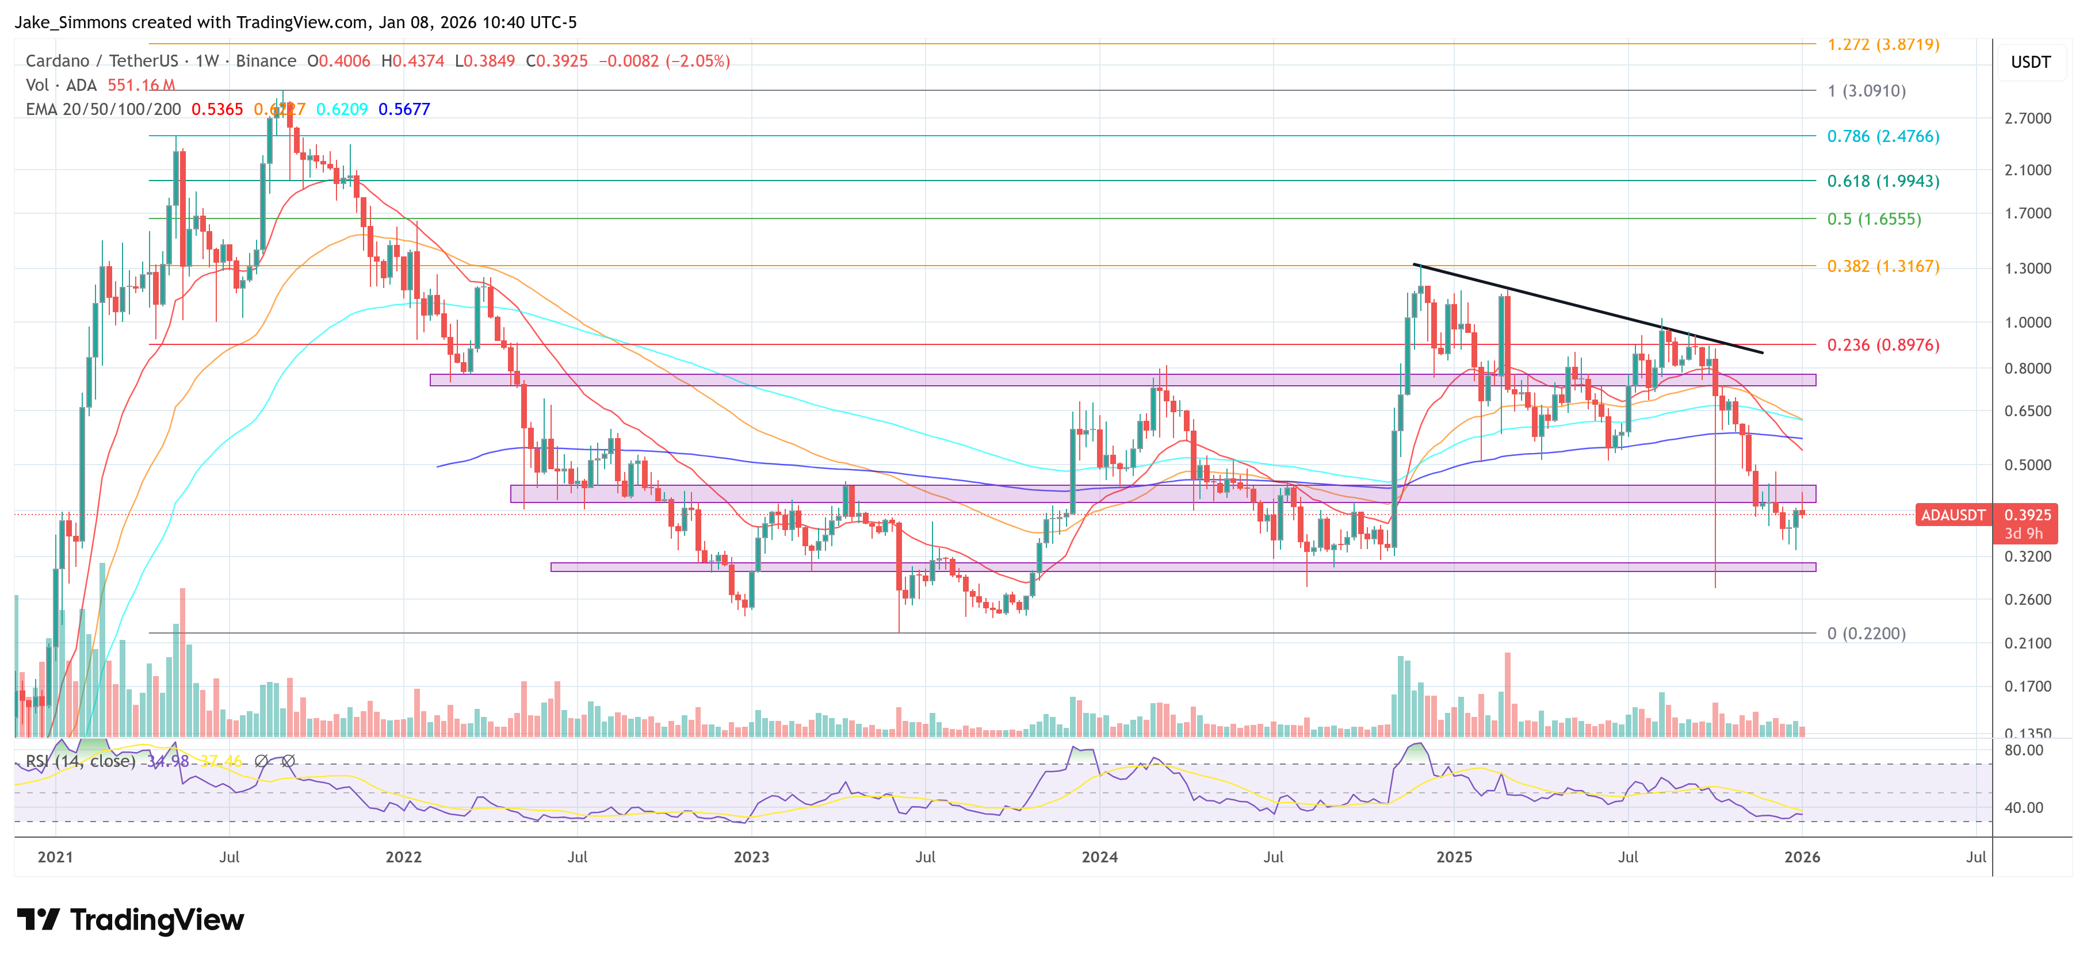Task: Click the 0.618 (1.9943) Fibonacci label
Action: click(x=1882, y=181)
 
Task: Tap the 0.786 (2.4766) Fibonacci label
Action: click(x=1882, y=136)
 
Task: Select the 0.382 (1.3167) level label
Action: click(x=1882, y=266)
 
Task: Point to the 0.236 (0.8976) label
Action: click(x=1882, y=345)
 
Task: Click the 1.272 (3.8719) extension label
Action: click(x=1882, y=44)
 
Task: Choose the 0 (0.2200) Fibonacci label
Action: click(x=1866, y=634)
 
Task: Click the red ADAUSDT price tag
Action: click(x=1952, y=515)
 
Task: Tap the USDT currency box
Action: click(x=2030, y=62)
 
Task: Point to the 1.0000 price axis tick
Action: click(x=2027, y=323)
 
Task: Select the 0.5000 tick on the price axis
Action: click(x=2027, y=465)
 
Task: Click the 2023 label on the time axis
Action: click(x=751, y=857)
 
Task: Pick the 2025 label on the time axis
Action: click(x=1454, y=857)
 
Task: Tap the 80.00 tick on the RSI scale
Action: click(x=2023, y=750)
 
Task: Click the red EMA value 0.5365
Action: click(x=217, y=109)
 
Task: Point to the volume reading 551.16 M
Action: click(x=141, y=85)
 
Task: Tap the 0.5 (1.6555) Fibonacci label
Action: click(x=1873, y=218)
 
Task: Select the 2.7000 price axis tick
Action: click(x=2027, y=118)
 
